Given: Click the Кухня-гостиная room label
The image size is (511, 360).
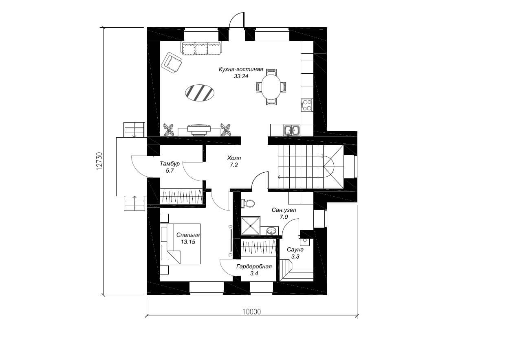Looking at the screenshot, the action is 241,69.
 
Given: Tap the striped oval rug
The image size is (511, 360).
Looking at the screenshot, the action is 200,93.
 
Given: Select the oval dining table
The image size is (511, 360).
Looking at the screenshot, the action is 271,87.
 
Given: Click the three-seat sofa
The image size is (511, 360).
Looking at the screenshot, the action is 201,48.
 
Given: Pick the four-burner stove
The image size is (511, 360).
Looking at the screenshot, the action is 307,105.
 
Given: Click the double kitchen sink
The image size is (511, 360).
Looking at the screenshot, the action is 292,130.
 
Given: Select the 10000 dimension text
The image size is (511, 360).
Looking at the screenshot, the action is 251,312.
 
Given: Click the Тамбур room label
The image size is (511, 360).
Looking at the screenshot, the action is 170,163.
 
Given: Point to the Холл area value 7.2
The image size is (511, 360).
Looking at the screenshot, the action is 234,165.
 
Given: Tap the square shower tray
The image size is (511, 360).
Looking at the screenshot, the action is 251,226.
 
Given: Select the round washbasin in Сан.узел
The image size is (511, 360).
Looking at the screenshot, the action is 271,231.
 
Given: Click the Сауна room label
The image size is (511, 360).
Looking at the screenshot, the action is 295,249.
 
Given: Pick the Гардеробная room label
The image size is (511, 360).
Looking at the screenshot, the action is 254,266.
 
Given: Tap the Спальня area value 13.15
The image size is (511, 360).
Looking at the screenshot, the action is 188,242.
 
